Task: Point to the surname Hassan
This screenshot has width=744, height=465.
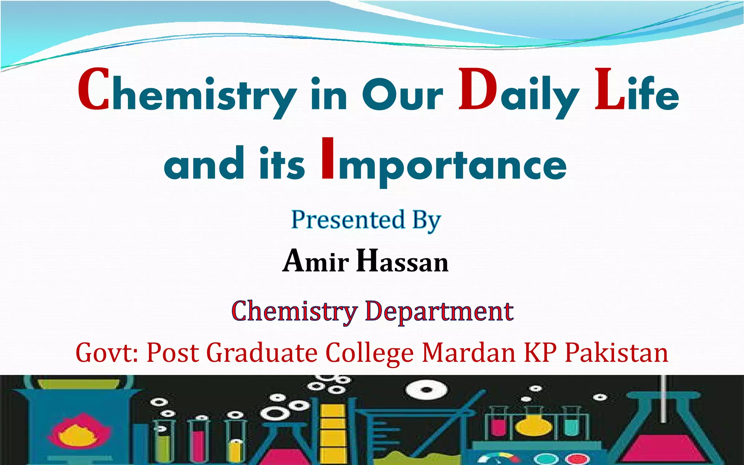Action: coord(402,261)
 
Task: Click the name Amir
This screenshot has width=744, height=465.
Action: coord(316,261)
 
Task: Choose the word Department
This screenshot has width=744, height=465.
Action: coord(439,311)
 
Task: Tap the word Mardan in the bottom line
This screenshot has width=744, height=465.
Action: coord(469,353)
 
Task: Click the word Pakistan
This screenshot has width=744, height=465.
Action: coord(616,353)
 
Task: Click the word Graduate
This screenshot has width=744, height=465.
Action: coord(262,353)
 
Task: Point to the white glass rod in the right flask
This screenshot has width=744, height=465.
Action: coord(663,400)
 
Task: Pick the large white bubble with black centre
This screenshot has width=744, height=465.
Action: coord(426,390)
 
